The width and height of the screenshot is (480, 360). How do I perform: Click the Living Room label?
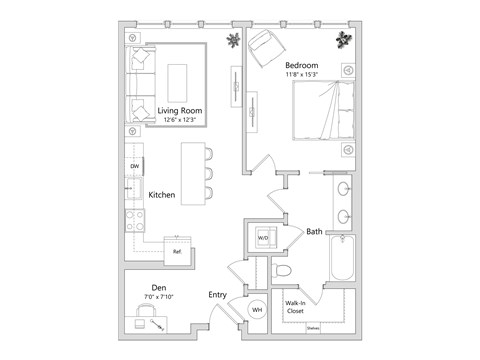180,110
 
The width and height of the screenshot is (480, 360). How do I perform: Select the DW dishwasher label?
133,167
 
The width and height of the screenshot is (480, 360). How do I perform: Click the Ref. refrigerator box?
178,252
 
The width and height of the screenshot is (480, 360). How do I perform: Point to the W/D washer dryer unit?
263,238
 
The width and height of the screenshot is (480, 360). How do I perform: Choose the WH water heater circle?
256,310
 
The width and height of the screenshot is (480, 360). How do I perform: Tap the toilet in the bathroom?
283,271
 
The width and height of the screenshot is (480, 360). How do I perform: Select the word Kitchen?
163,196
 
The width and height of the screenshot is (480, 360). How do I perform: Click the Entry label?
217,295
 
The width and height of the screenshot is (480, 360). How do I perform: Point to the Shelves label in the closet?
314,326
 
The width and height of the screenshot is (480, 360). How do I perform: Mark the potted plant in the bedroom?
345,39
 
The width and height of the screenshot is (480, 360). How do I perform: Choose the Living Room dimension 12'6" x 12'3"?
180,120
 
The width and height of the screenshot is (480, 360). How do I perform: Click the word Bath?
314,230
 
